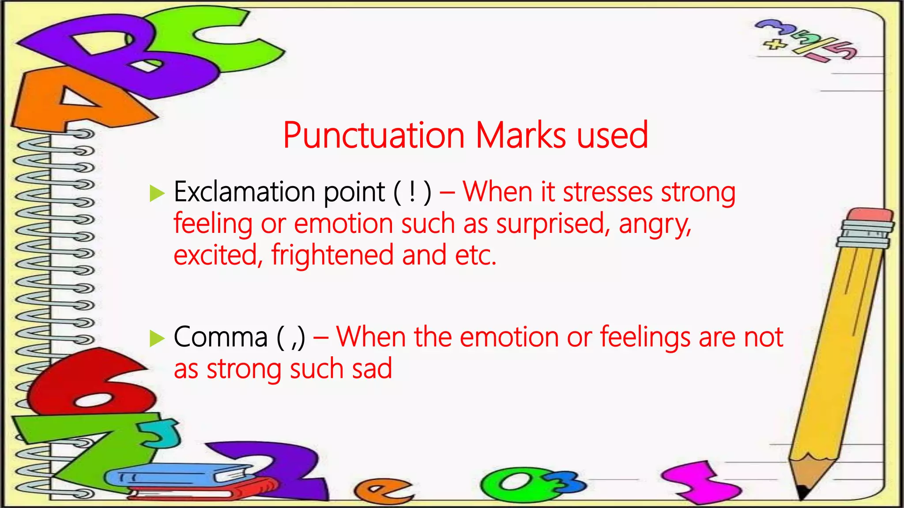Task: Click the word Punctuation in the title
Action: coord(373,136)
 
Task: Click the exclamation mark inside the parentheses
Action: coord(412,193)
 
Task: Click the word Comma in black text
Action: coord(221,338)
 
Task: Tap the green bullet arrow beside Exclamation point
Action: coord(157,193)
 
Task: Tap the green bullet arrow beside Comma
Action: coord(157,338)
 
